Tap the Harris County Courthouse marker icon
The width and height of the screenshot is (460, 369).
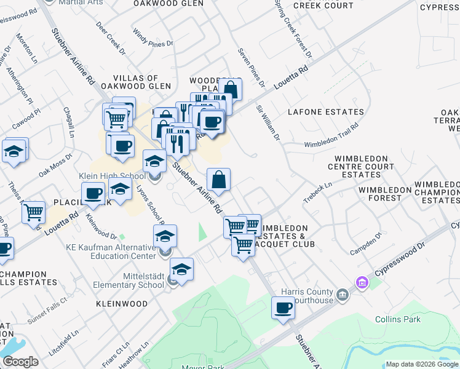point(341,295)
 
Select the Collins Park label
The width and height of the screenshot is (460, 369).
point(398,319)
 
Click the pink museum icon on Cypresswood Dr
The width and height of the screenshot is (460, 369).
point(361,282)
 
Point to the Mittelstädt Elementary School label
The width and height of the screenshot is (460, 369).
point(128,280)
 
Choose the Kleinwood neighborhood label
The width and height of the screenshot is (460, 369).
point(121,304)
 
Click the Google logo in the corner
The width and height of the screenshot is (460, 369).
point(20,362)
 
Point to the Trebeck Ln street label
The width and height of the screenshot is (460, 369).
point(317,192)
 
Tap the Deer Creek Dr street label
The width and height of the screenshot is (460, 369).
point(111,38)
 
